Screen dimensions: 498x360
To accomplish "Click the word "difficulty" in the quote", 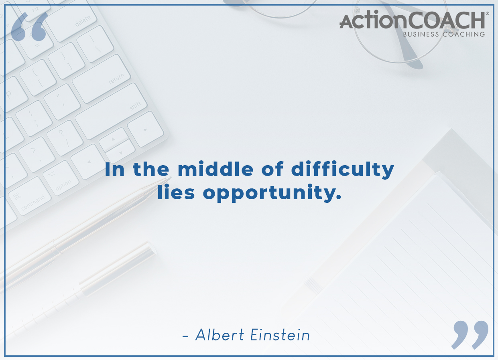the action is (343, 170).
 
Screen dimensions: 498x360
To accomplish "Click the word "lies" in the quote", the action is (176, 192).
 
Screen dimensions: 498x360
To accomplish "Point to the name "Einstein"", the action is (280, 335).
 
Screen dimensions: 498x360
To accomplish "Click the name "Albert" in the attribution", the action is (220, 335).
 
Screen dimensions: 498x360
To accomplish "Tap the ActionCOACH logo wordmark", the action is (412, 20).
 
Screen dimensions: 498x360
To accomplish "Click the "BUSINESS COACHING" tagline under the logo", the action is (444, 34).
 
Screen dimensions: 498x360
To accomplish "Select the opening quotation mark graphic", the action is (29, 26).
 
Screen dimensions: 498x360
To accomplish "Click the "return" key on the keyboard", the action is (102, 79).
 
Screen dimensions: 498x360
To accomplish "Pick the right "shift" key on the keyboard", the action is (111, 111).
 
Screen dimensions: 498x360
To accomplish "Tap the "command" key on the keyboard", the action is (30, 196).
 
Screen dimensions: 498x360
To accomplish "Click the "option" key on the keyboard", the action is (61, 178).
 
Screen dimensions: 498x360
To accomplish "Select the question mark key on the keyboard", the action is (65, 138).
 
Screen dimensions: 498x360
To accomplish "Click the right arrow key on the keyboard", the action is (145, 129).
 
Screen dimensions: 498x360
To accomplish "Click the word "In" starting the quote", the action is (114, 169).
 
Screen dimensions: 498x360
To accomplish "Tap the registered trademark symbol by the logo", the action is (488, 13).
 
